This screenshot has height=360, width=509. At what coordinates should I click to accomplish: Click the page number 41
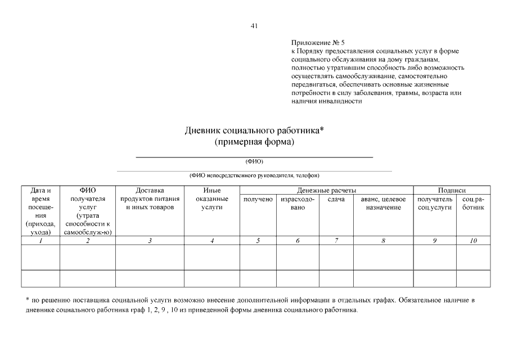[254, 26]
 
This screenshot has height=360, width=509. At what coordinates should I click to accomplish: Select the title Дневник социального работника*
[254, 130]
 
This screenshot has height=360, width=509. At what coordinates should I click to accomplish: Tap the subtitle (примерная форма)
[254, 142]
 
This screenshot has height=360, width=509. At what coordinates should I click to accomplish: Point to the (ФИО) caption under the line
[254, 161]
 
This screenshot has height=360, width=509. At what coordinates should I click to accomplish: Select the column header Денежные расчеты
[327, 191]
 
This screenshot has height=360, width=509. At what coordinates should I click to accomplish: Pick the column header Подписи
[452, 191]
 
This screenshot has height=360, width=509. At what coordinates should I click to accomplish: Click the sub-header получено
[258, 200]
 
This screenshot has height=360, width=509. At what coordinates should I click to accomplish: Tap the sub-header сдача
[336, 200]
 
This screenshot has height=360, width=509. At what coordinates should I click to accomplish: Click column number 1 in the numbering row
[40, 241]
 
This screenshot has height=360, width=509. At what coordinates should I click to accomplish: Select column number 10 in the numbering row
[473, 241]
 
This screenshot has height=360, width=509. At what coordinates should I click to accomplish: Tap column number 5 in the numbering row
[258, 241]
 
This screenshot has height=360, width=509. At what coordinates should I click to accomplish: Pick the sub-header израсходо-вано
[297, 204]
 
